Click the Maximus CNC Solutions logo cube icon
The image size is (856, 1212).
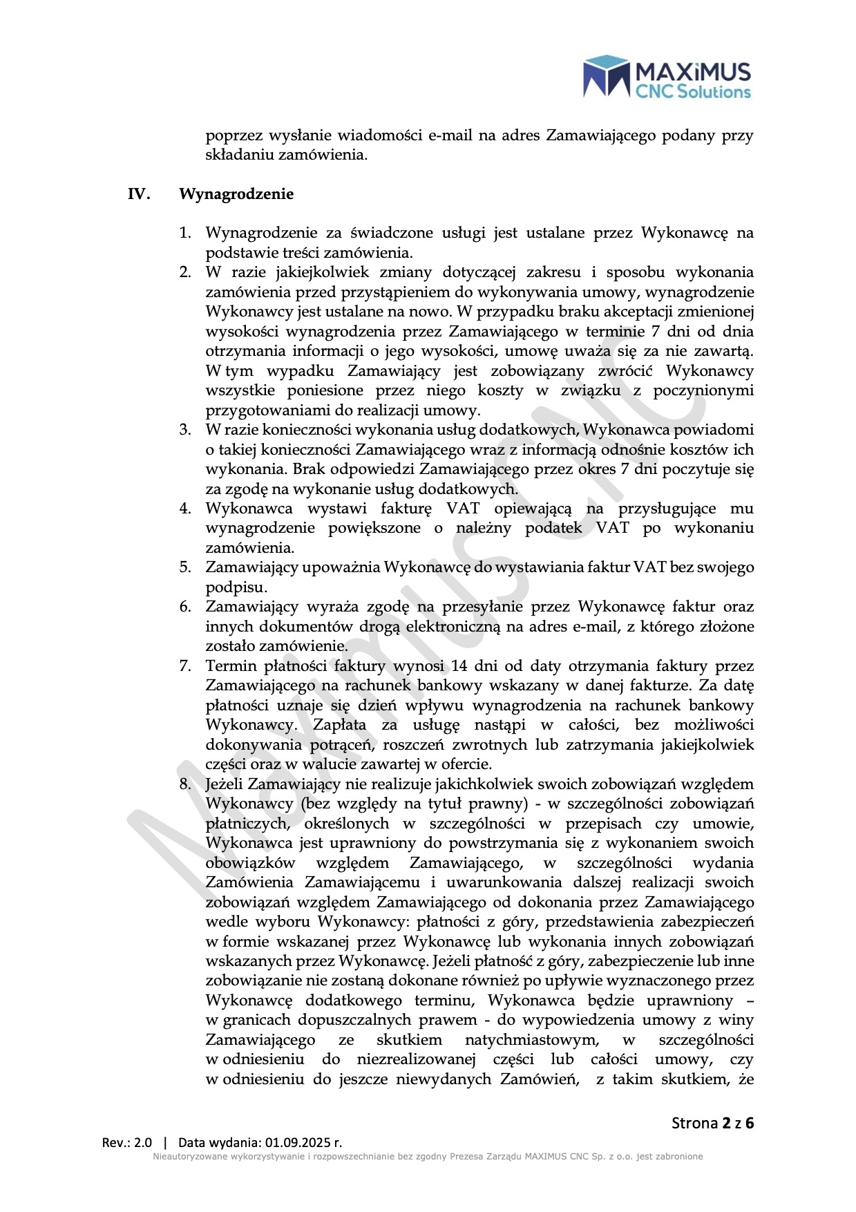605,76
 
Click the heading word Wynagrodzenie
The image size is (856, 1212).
236,194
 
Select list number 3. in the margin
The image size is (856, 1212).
185,430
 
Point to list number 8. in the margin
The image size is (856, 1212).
185,784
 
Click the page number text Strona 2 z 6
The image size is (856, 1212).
712,1123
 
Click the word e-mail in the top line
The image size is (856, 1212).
450,135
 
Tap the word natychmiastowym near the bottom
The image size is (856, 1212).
532,1040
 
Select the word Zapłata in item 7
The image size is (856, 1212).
339,725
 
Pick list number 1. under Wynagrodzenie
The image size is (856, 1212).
185,233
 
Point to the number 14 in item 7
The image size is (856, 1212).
459,666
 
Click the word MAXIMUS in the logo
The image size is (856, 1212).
692,72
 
